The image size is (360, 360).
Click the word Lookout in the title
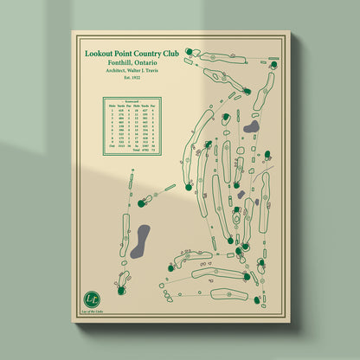click(100, 53)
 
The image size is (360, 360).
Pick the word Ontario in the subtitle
click(153, 63)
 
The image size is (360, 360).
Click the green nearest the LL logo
click(141, 204)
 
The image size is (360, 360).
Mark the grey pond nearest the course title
click(252, 128)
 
